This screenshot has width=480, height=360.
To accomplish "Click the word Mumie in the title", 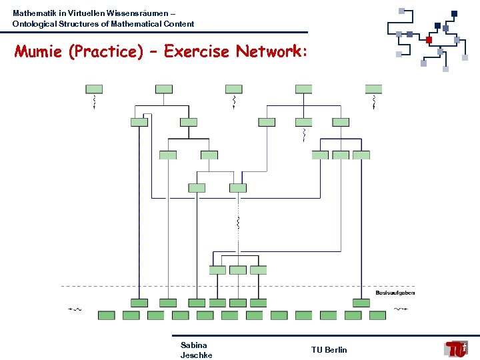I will pos(39,52).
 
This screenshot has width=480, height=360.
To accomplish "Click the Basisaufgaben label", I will pos(395,293).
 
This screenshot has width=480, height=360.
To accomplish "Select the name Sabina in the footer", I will pos(193,345).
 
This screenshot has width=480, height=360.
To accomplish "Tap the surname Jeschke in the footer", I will pos(196,355).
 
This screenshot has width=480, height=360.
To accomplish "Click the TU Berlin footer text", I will pos(329,350).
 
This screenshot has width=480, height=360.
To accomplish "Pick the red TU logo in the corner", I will pos(457,349).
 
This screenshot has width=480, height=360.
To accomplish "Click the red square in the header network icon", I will pos(429,39).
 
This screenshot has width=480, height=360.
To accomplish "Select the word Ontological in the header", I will pos(35,24).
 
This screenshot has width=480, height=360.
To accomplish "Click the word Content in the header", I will pos(179,24).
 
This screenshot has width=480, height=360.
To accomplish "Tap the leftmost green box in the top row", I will pos(94,89).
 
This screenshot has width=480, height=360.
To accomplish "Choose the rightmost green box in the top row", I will pos(373,89).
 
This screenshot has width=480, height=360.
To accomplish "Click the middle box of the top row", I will pos(234,89).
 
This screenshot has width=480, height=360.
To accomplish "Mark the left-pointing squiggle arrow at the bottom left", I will pos(75,309).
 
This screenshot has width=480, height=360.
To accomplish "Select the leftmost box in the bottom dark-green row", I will pos(107,315).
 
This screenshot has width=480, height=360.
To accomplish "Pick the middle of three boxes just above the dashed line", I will pos(238,270).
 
